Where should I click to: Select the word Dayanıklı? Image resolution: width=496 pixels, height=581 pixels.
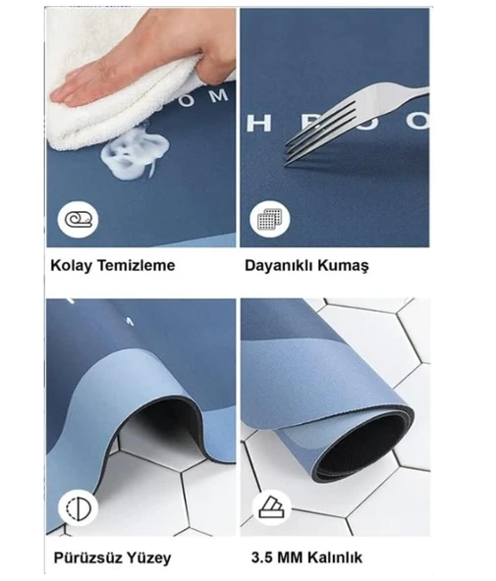[x=284, y=265]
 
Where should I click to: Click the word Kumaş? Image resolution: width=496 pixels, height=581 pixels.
[x=350, y=265]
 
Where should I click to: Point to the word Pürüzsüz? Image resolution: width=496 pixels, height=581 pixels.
[x=87, y=558]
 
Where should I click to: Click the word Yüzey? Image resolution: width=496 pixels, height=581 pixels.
[x=149, y=558]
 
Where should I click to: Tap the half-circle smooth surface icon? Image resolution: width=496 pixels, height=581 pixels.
[x=74, y=507]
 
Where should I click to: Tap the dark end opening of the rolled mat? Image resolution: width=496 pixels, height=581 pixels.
[x=363, y=446]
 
